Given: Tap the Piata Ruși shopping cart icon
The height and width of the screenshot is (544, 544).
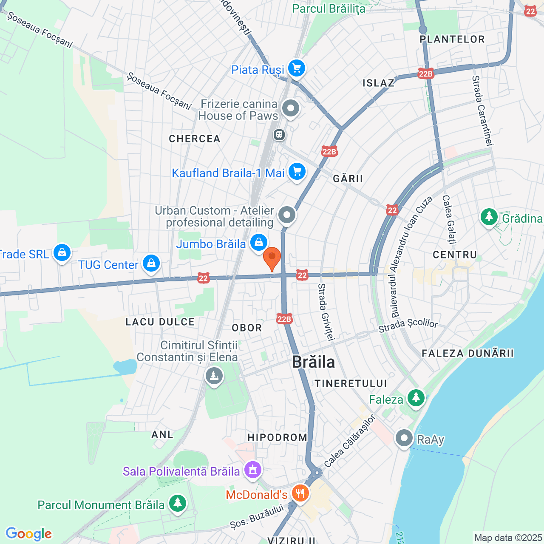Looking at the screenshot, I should click(296, 68).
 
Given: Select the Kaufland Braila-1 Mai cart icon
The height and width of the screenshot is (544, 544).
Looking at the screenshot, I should click(297, 172).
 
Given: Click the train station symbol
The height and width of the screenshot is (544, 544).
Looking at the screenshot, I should click(279, 135).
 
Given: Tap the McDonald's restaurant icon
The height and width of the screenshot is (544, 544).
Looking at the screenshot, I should click(300, 493).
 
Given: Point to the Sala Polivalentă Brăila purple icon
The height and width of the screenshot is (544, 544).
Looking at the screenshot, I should click(253, 470).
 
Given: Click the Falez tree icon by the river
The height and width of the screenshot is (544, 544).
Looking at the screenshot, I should click(416, 398).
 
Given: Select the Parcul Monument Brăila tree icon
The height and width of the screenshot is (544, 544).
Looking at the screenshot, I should click(177, 503).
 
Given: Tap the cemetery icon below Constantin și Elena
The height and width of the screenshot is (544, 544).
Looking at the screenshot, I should click(214, 376).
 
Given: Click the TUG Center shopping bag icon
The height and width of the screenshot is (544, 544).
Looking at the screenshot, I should click(151, 263).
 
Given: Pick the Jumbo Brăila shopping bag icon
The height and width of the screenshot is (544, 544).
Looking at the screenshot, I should click(258, 243).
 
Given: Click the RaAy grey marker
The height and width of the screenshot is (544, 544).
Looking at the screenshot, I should click(404, 438).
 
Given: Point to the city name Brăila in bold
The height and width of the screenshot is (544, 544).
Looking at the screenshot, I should click(314, 362).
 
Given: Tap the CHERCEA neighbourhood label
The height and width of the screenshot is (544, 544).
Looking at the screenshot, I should click(195, 139).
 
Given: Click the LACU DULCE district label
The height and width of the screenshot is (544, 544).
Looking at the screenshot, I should click(160, 322).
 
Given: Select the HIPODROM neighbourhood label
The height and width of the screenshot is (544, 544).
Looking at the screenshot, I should click(277, 437).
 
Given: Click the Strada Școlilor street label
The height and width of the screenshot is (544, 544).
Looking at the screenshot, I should click(408, 325).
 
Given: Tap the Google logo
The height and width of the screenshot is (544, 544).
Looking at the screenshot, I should click(29, 534).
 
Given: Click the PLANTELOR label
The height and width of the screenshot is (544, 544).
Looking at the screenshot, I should click(452, 40).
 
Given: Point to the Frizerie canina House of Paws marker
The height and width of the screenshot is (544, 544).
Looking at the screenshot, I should click(291, 108).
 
